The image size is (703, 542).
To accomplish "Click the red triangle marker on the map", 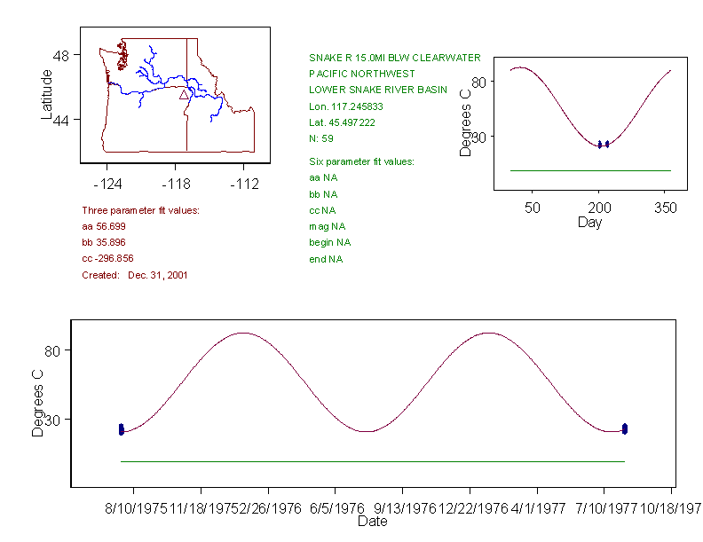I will click(184, 94).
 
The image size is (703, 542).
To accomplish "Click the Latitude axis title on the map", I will click(47, 95).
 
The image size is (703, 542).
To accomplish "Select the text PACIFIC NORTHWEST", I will click(361, 74).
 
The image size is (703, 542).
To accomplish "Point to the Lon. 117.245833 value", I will click(348, 106).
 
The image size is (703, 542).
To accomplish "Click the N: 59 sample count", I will click(320, 138).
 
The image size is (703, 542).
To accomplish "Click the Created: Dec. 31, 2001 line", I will click(134, 275).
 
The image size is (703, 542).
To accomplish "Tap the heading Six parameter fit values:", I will click(361, 161).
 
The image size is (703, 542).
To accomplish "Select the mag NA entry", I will click(327, 226).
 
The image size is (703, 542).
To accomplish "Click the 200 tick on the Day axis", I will click(599, 208).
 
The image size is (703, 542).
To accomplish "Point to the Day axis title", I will click(589, 222).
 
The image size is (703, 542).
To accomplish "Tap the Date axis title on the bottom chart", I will click(372, 522).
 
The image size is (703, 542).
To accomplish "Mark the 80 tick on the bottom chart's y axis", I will click(54, 351).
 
